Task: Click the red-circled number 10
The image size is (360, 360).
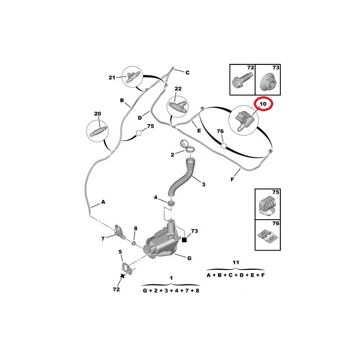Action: [263, 104]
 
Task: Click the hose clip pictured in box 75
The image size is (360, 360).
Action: [268, 206]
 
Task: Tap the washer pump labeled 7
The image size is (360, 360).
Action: [119, 231]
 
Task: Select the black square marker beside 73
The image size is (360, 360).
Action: [184, 240]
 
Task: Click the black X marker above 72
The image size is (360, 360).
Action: [122, 276]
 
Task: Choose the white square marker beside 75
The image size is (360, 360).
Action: [139, 133]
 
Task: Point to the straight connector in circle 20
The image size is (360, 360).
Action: [97, 132]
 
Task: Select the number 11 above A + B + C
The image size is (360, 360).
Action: [236, 262]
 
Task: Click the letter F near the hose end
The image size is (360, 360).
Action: [232, 179]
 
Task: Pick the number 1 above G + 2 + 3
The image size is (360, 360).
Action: [171, 278]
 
